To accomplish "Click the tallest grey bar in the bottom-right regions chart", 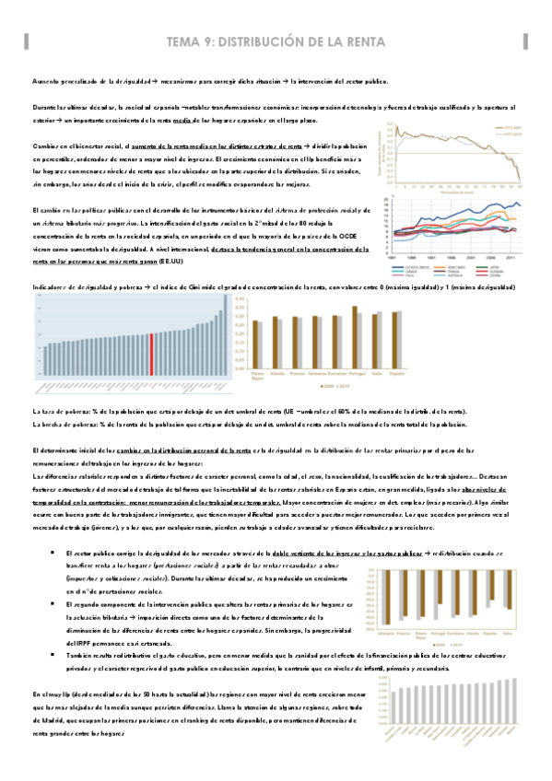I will click(x=396, y=711).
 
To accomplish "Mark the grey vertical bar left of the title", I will click(x=27, y=41).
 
